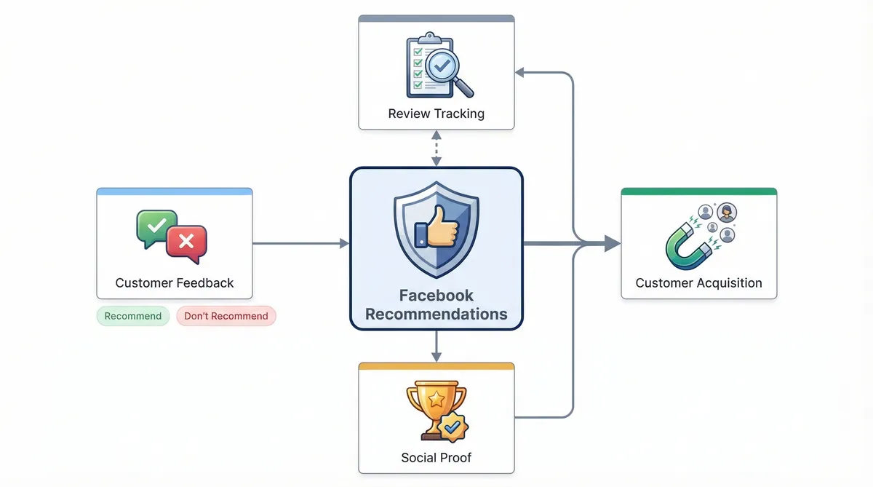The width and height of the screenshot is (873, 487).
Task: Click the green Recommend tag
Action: pos(133,316)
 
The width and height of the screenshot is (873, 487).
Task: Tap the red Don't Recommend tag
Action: pos(226,316)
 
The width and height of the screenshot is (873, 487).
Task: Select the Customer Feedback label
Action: pos(175,283)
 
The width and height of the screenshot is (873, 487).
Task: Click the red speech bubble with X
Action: pos(186,240)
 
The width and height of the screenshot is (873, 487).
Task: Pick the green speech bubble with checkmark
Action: pos(156,226)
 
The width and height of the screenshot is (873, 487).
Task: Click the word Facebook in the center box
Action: pos(436,296)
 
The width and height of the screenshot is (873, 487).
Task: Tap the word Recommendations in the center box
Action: pos(436,314)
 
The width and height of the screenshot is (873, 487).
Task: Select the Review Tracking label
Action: pos(436,114)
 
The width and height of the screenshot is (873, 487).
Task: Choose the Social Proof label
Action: pos(436,458)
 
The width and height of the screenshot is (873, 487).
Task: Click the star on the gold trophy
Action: pos(436,399)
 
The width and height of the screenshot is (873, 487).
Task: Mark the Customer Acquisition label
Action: pos(699,283)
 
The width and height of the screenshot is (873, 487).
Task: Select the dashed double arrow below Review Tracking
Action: pos(436,148)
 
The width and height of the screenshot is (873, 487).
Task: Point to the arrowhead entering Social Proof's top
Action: pos(436,356)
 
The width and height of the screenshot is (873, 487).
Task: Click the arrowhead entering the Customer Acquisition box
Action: pos(613,244)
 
